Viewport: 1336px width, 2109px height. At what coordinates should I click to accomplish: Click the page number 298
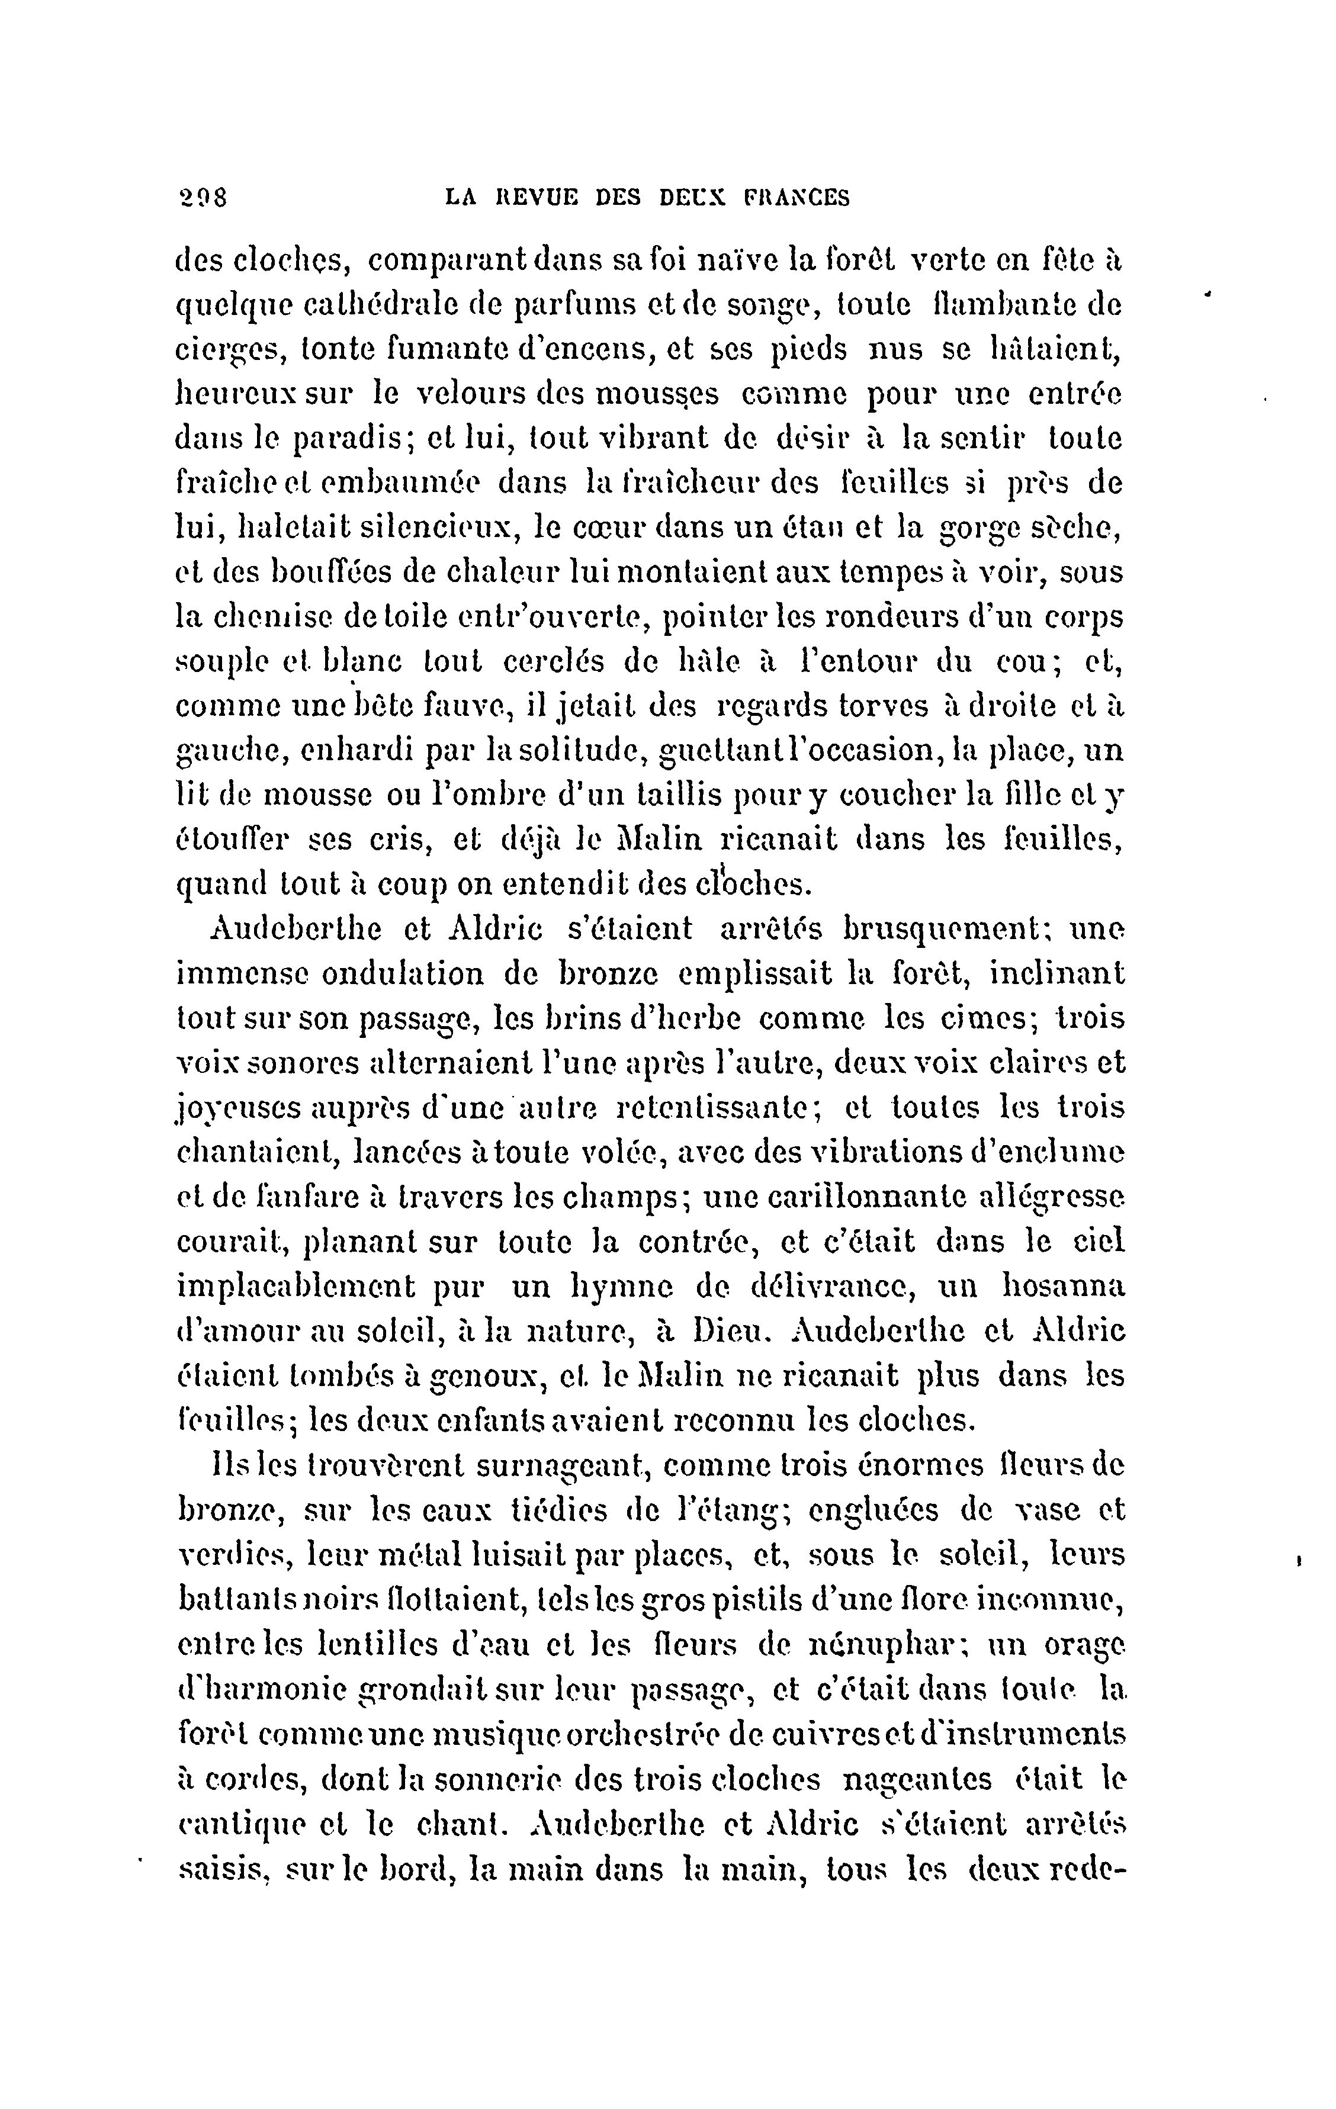[201, 198]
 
